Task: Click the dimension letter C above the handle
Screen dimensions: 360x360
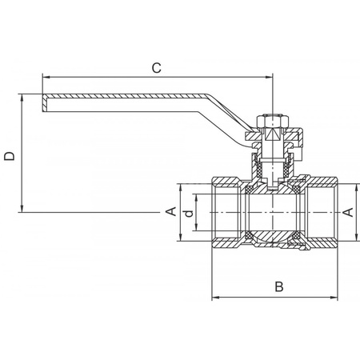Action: (x=157, y=69)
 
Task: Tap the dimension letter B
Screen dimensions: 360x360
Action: (x=278, y=286)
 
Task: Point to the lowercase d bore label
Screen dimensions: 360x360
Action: (x=186, y=213)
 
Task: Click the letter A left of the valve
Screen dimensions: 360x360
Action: (x=170, y=211)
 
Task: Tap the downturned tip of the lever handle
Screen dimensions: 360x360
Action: (x=42, y=102)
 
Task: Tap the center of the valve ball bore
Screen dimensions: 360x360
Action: (x=272, y=212)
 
